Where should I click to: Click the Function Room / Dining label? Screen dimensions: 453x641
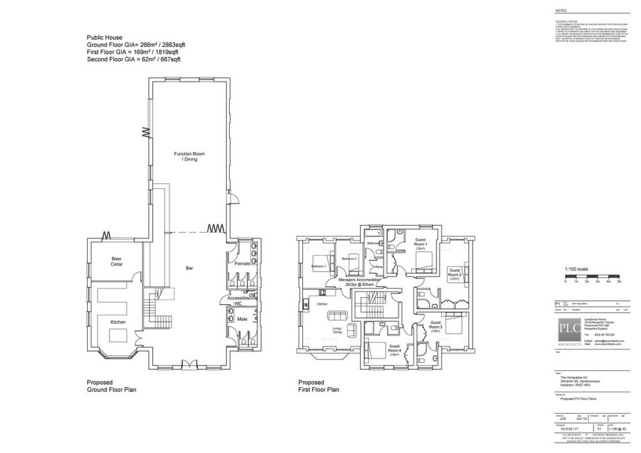point(189,156)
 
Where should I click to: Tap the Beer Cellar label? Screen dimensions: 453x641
point(117,262)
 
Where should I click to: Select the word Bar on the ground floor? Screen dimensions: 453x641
point(189,268)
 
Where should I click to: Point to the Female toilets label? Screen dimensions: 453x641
point(243,263)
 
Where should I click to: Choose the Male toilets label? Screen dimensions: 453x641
point(242,319)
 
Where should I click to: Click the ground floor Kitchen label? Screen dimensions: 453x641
point(118,322)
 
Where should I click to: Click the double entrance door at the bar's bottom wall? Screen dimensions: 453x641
point(186,364)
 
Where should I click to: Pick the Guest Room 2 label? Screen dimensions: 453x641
point(455,273)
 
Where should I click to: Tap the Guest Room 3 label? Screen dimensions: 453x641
point(436,325)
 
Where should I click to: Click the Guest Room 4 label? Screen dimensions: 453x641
point(394,348)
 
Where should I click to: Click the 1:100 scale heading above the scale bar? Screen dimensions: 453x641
point(577,269)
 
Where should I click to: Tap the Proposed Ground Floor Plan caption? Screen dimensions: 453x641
point(111,385)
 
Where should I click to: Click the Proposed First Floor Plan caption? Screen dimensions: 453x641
point(319,385)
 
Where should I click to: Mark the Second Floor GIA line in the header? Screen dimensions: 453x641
point(133,59)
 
